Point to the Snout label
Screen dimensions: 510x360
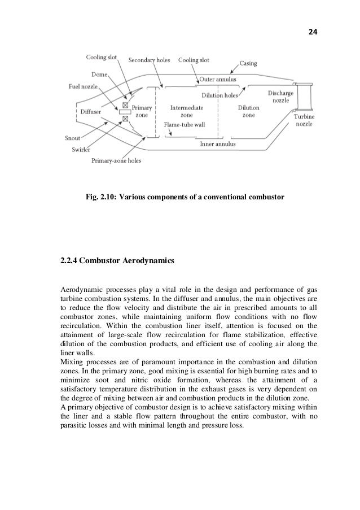(x=72, y=137)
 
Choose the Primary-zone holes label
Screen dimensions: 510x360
(x=116, y=160)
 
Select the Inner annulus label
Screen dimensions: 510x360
(x=218, y=144)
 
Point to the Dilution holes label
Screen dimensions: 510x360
(x=220, y=95)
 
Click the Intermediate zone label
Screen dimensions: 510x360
(x=187, y=110)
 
